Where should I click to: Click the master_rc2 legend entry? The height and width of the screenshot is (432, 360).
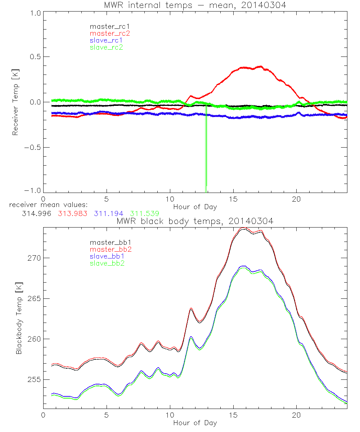(x=110, y=33)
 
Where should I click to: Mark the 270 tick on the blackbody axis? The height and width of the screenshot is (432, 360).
(x=35, y=258)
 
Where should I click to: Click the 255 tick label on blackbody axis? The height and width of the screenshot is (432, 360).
(x=35, y=380)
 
